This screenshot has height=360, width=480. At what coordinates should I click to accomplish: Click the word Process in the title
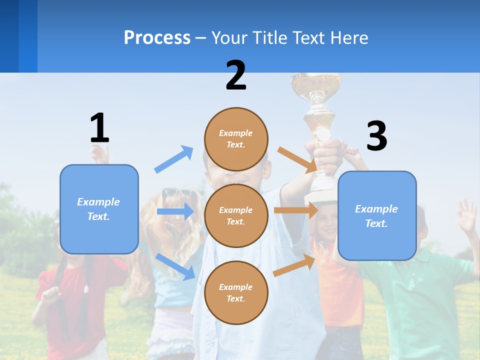click(157, 38)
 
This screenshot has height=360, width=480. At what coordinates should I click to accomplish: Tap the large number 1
click(99, 128)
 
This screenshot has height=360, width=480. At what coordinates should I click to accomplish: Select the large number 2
click(236, 75)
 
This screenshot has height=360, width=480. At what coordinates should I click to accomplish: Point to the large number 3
click(377, 136)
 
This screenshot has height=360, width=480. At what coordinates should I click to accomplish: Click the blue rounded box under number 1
click(99, 209)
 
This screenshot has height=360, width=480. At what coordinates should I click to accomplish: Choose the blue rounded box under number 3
click(377, 216)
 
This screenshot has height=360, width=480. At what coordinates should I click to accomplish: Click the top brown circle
click(236, 139)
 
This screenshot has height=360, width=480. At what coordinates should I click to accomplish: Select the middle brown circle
click(236, 215)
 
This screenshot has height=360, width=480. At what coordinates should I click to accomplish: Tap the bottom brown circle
click(236, 292)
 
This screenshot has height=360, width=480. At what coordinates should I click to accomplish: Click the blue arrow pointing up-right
click(174, 159)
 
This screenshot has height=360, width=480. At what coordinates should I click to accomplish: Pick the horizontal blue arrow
click(175, 211)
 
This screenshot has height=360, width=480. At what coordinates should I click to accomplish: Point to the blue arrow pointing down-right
click(175, 266)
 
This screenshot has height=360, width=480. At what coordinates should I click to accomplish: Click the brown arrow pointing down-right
click(297, 159)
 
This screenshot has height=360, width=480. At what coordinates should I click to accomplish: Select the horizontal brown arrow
click(296, 210)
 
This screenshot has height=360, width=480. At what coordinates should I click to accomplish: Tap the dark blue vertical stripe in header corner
click(9, 36)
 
